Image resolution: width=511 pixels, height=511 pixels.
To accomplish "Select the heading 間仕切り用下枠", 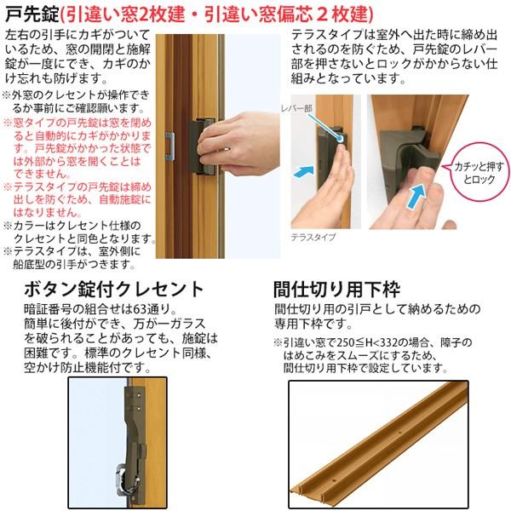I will pyautogui.click(x=334, y=288).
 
